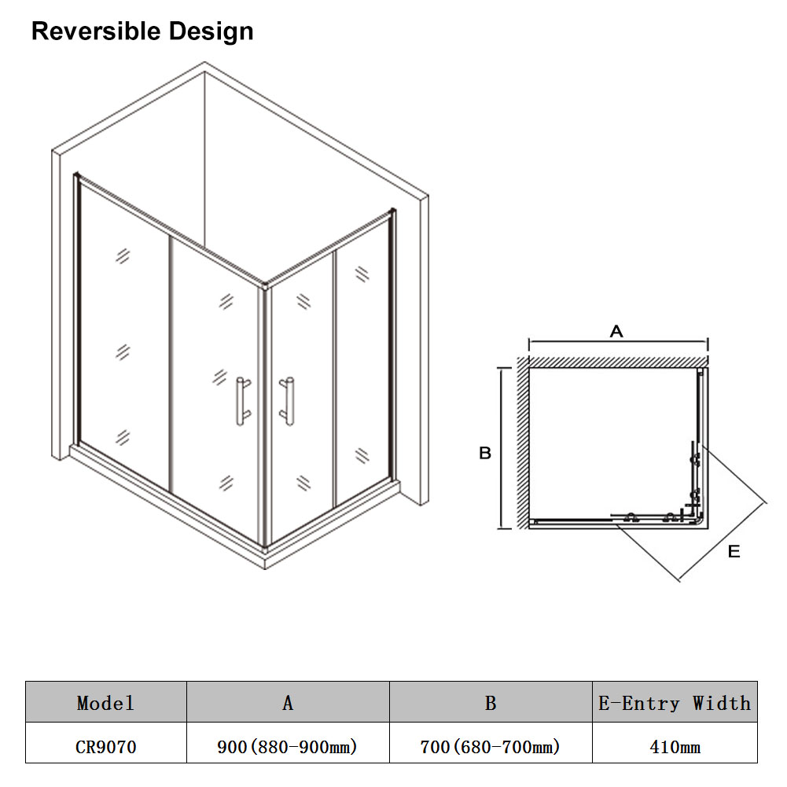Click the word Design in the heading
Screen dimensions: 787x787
pyautogui.click(x=211, y=32)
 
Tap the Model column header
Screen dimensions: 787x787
pyautogui.click(x=106, y=703)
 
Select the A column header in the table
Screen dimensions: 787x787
pyautogui.click(x=288, y=703)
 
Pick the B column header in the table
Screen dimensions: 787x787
pyautogui.click(x=491, y=703)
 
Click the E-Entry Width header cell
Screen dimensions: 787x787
pyautogui.click(x=675, y=703)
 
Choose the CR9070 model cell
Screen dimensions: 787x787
pyautogui.click(x=106, y=747)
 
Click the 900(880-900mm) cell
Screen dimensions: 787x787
pyautogui.click(x=287, y=747)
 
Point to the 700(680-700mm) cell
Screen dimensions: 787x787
pyautogui.click(x=490, y=747)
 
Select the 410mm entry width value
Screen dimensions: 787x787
pyautogui.click(x=675, y=747)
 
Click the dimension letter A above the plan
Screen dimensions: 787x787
pyautogui.click(x=616, y=331)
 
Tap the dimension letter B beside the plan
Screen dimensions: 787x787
pyautogui.click(x=485, y=453)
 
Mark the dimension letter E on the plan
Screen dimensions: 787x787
pyautogui.click(x=734, y=552)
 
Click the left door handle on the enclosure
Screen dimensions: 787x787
pyautogui.click(x=243, y=402)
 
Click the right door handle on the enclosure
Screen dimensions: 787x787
pyautogui.click(x=287, y=402)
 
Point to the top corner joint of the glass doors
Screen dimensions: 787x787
pyautogui.click(x=264, y=287)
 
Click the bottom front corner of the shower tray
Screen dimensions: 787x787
pyautogui.click(x=265, y=568)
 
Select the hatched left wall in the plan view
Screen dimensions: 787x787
pyautogui.click(x=524, y=443)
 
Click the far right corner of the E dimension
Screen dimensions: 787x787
pyautogui.click(x=767, y=502)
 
